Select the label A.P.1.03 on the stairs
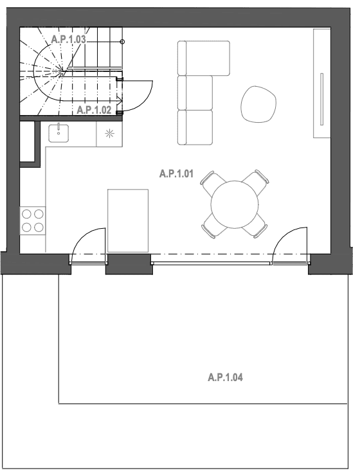(x=68, y=39)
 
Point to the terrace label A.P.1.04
(x=225, y=378)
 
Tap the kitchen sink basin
(x=59, y=132)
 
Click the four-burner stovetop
(x=33, y=220)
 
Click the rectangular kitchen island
(x=128, y=220)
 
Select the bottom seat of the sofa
(x=195, y=127)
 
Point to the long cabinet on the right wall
(x=321, y=84)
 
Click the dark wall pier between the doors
(x=128, y=263)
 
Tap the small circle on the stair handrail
(x=123, y=41)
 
